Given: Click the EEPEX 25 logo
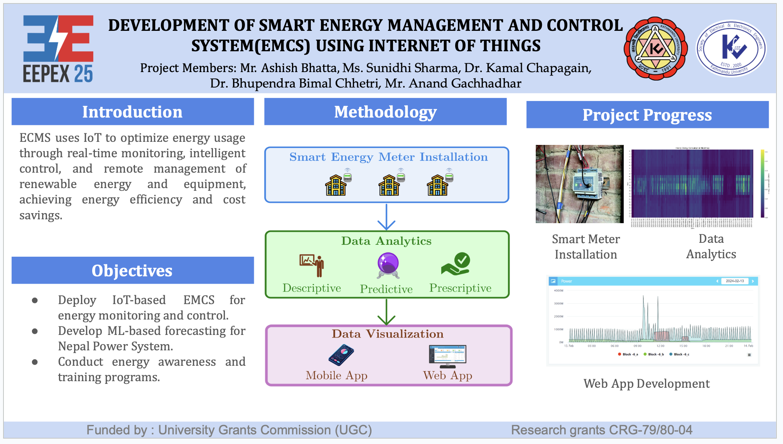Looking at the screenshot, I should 58,49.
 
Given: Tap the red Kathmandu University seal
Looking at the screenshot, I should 655,49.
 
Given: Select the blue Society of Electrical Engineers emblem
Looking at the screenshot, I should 731,49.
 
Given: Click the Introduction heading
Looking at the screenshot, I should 132,112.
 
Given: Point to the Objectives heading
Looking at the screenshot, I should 132,271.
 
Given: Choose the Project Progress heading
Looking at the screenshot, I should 647,115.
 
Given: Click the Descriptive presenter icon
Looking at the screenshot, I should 312,265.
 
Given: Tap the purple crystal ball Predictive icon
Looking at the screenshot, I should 388,265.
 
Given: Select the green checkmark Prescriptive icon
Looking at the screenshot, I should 456,264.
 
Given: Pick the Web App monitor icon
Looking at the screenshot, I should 447,356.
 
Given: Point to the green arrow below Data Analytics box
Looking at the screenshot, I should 386,312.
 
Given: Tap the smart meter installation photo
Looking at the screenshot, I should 579,184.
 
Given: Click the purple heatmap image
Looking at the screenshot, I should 692,184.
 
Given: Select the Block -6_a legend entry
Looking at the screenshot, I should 628,354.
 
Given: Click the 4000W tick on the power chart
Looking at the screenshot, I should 559,291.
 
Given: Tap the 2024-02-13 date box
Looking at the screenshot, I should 735,281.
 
